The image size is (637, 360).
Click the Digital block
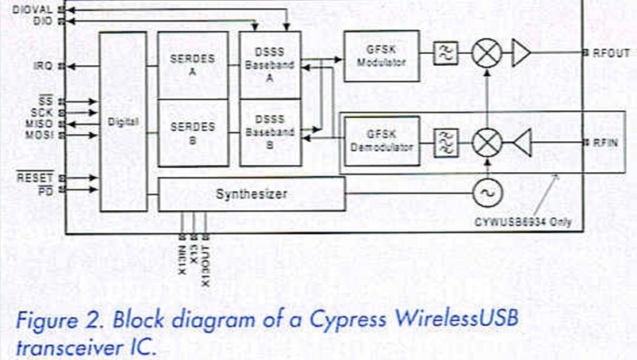click(x=123, y=121)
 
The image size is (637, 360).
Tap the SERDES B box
click(x=193, y=132)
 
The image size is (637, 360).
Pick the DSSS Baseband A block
click(x=271, y=64)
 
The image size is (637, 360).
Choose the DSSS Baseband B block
click(x=271, y=132)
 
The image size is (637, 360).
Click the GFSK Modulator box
click(x=381, y=56)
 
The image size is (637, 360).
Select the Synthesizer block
click(x=251, y=194)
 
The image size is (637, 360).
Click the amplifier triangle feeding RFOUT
click(x=520, y=54)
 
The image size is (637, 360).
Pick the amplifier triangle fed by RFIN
click(x=520, y=143)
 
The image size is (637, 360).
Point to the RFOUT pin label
click(x=611, y=53)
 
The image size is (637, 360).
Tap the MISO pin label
click(x=37, y=124)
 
